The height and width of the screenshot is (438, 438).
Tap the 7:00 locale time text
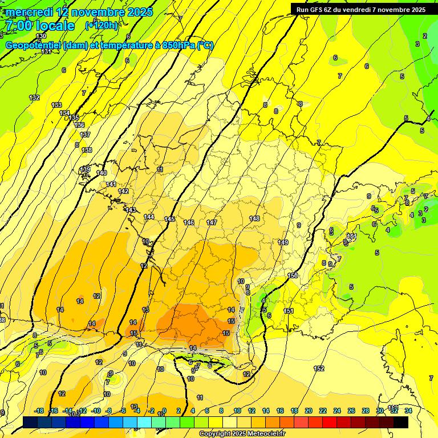(x=40, y=26)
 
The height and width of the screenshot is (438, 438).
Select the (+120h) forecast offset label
(x=102, y=25)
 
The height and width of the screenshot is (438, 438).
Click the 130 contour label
(x=41, y=36)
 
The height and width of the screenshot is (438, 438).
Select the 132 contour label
(x=35, y=98)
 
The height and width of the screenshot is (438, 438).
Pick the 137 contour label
(x=86, y=135)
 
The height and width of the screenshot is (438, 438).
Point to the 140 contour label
(x=102, y=173)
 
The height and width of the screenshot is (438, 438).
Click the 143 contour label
(x=131, y=210)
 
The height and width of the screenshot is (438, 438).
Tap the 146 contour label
(x=189, y=222)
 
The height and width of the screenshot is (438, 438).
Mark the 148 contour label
(x=254, y=218)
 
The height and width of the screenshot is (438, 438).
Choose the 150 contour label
(x=293, y=275)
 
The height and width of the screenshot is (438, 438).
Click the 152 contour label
(x=319, y=368)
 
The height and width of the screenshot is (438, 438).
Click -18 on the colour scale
(x=39, y=411)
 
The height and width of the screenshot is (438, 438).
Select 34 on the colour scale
(x=408, y=411)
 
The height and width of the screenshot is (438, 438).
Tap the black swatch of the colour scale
(x=401, y=422)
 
